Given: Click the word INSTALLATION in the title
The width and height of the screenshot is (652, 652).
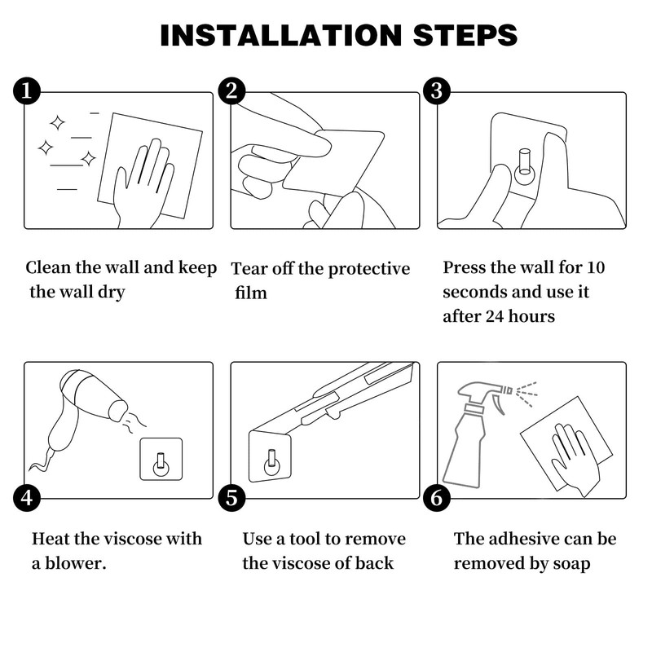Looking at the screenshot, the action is [x=280, y=35].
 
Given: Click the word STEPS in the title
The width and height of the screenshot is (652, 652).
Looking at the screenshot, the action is [x=465, y=35].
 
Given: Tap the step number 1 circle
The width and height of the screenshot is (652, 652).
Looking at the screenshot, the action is [x=27, y=90].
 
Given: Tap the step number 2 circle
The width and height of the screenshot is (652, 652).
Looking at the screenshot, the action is [x=231, y=90].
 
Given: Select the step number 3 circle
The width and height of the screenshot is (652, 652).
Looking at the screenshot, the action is [x=437, y=90].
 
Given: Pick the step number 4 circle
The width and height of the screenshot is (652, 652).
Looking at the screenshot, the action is [x=27, y=497].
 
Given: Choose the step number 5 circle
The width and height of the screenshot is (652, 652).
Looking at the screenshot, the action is [x=231, y=497].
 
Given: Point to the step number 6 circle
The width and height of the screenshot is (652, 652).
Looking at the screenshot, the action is [x=437, y=497].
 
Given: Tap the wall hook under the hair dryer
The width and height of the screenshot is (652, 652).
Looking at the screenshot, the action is [x=161, y=459].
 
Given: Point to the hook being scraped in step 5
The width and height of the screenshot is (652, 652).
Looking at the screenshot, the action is [x=271, y=456].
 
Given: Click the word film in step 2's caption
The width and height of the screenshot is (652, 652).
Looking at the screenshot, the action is [x=251, y=293].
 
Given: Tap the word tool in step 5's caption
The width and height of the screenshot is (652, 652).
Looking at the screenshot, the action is [x=305, y=539].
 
